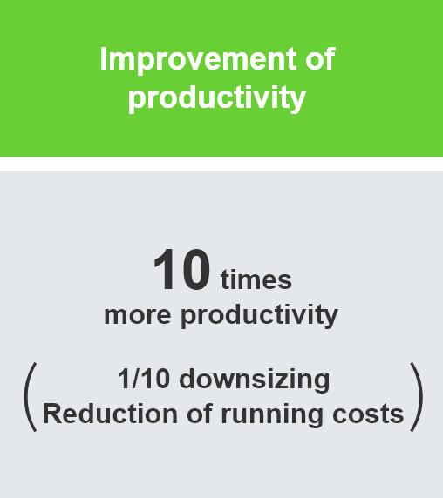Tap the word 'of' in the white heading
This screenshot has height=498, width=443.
320,58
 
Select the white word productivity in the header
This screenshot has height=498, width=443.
217,98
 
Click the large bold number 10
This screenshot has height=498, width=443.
181,270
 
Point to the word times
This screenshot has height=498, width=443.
256,279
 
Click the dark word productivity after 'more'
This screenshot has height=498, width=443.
260,315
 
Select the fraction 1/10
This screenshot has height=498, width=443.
143,379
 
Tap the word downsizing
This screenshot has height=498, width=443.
255,380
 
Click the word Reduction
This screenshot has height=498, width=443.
110,414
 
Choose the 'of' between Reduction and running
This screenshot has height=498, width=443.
199,414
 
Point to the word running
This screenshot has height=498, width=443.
272,416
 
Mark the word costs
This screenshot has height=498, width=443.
368,414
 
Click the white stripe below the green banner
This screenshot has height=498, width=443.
221,164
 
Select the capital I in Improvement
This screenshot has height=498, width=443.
104,58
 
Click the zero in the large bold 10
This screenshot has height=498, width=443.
195,270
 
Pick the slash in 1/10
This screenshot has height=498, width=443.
135,379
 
